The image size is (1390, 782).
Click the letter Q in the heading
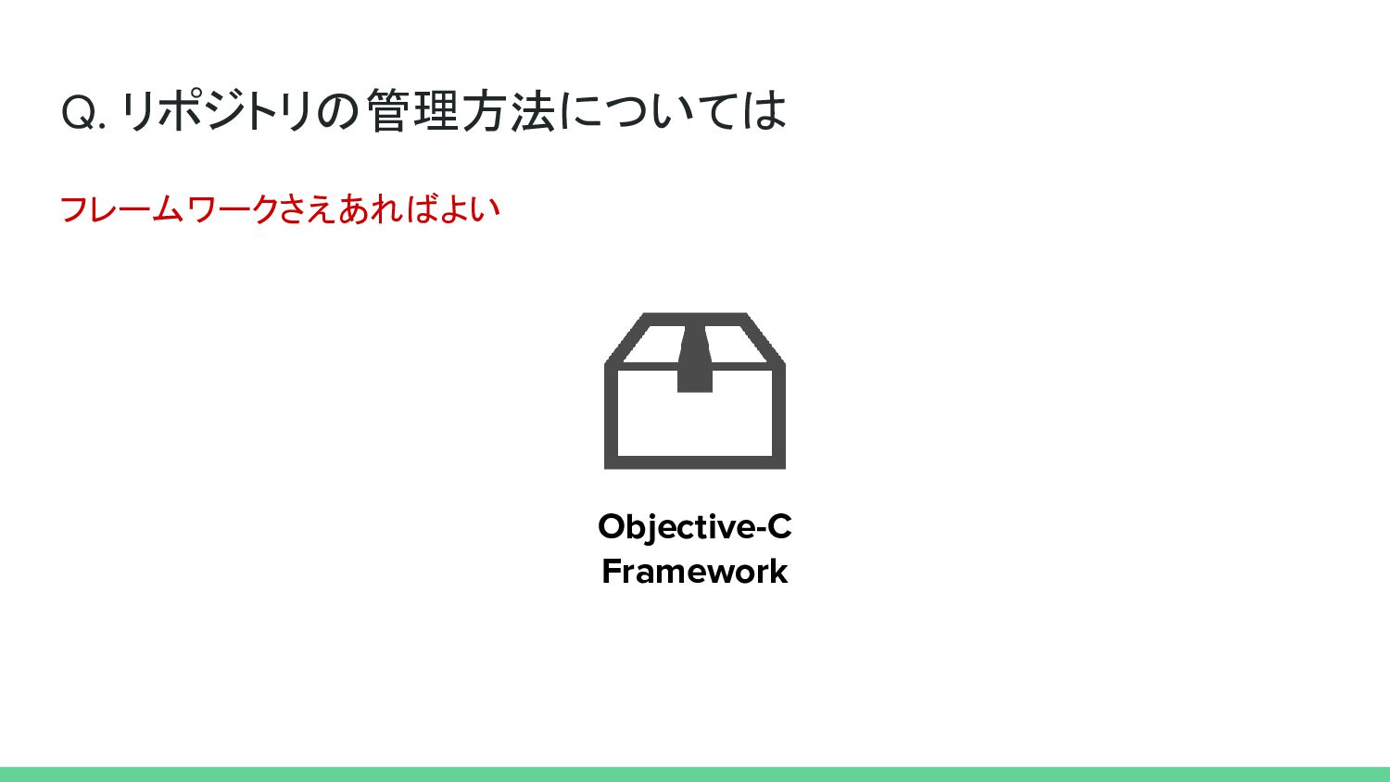pyautogui.click(x=78, y=113)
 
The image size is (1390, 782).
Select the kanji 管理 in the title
pyautogui.click(x=412, y=111)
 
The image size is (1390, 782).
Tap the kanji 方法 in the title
pyautogui.click(x=509, y=111)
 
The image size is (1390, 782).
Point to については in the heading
pyautogui.click(x=674, y=111)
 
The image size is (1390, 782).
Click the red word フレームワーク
pyautogui.click(x=169, y=209)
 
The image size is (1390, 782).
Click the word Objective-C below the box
pyautogui.click(x=694, y=527)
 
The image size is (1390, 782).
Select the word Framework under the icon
pyautogui.click(x=694, y=571)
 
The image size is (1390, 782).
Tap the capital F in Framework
pyautogui.click(x=612, y=571)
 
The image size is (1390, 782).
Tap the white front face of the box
pyautogui.click(x=695, y=422)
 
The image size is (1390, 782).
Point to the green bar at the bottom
pyautogui.click(x=695, y=775)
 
